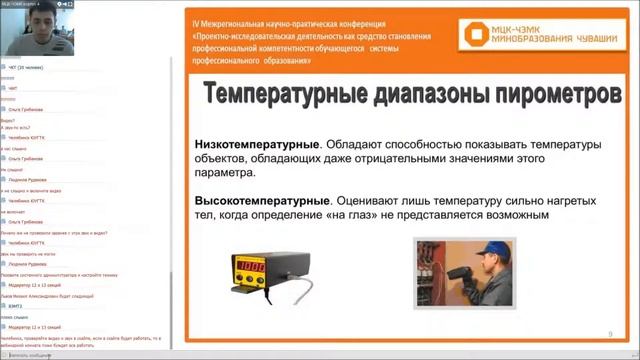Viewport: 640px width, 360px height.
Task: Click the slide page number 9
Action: (610, 335)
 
